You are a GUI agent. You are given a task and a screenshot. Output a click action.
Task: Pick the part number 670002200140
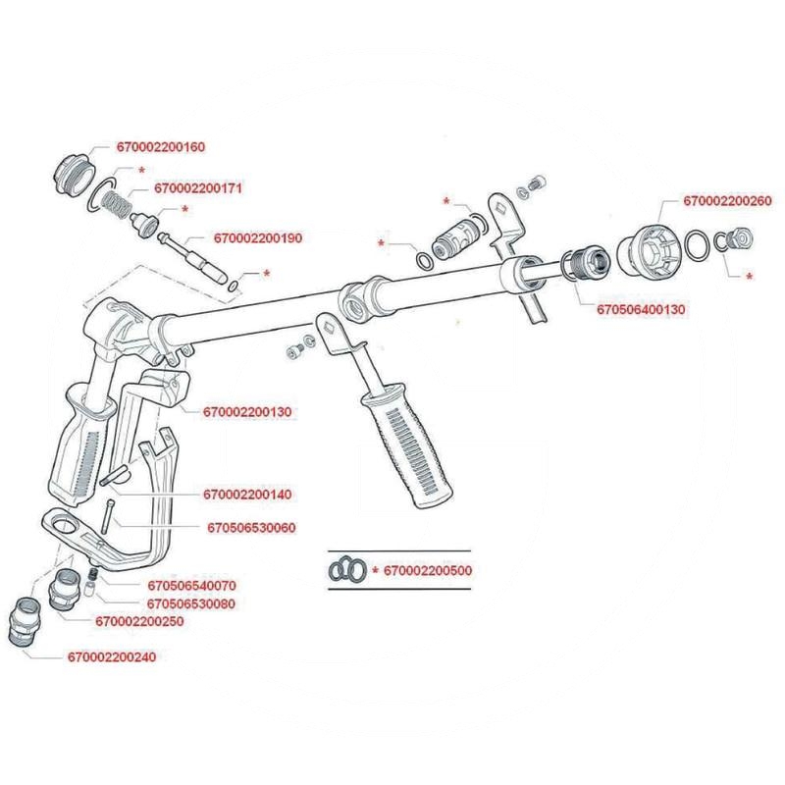249,495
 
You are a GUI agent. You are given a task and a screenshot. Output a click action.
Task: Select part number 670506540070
194,585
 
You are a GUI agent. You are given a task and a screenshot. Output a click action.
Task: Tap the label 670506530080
194,603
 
